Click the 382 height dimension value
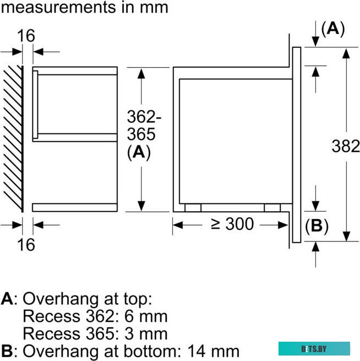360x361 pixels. [x=346, y=146]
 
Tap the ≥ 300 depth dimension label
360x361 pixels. [x=232, y=224]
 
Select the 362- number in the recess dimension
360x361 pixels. [x=144, y=117]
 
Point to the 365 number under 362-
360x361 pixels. [x=141, y=134]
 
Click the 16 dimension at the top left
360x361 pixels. [x=26, y=36]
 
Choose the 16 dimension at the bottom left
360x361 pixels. [x=26, y=245]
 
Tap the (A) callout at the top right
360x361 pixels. [x=333, y=29]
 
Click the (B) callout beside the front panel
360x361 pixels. [x=317, y=226]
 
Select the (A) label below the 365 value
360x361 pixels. [x=139, y=152]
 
